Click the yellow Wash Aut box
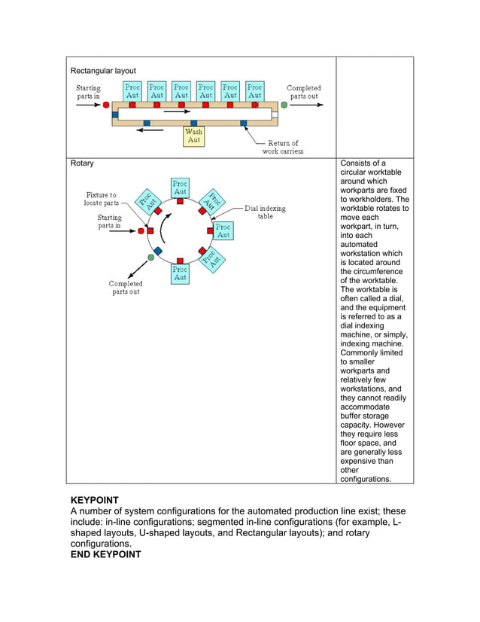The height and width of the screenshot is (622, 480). pyautogui.click(x=193, y=136)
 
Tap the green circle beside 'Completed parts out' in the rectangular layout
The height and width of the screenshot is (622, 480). pyautogui.click(x=284, y=105)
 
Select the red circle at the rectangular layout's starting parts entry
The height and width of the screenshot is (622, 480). pyautogui.click(x=106, y=105)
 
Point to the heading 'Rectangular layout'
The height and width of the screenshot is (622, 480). pyautogui.click(x=103, y=71)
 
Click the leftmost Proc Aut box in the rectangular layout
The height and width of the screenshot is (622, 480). pyautogui.click(x=132, y=91)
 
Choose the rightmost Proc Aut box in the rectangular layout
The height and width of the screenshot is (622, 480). pyautogui.click(x=255, y=91)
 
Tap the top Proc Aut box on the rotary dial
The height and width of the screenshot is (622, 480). pyautogui.click(x=181, y=188)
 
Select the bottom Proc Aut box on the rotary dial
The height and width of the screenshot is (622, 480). pyautogui.click(x=181, y=273)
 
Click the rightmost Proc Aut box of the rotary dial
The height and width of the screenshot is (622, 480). pyautogui.click(x=223, y=230)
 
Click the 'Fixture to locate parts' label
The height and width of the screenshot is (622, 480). pyautogui.click(x=102, y=199)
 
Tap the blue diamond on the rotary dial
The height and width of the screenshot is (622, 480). pyautogui.click(x=158, y=251)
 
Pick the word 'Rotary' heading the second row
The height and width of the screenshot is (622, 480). pyautogui.click(x=82, y=163)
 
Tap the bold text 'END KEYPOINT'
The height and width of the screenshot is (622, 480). pyautogui.click(x=105, y=554)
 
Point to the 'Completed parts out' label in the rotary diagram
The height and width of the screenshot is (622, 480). pyautogui.click(x=126, y=288)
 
